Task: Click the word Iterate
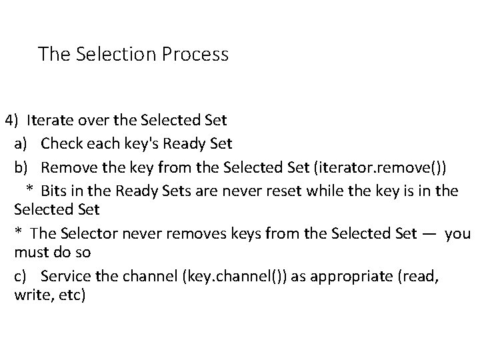pyautogui.click(x=50, y=121)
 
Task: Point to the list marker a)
pyautogui.click(x=21, y=143)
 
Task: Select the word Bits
pyautogui.click(x=54, y=191)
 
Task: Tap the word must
pyautogui.click(x=33, y=253)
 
